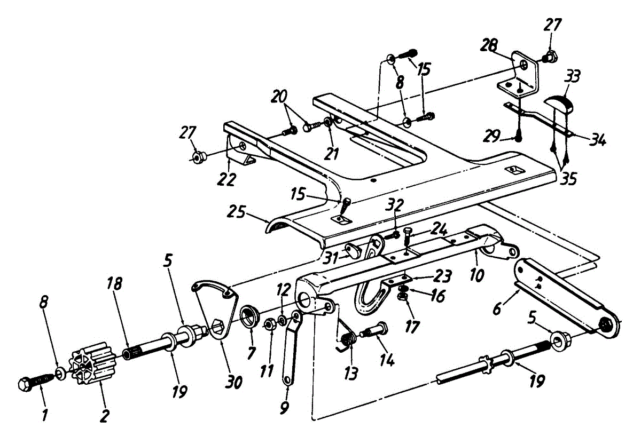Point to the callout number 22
(226, 179)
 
